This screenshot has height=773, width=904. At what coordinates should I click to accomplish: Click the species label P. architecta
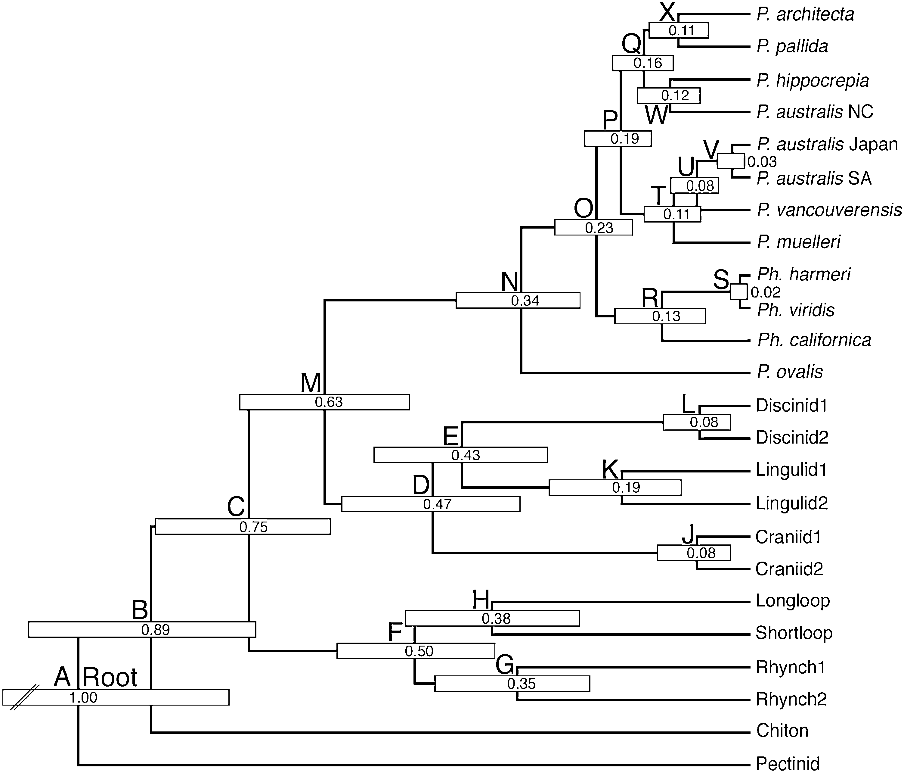805,14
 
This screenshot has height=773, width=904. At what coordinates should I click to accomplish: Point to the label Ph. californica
814,340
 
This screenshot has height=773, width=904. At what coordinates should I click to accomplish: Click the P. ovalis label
790,372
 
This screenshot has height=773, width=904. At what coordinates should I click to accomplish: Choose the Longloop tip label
793,600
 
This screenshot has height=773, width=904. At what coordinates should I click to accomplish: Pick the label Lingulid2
791,503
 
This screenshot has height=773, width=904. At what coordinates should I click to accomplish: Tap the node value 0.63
329,402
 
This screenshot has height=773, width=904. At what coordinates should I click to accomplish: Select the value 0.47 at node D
437,504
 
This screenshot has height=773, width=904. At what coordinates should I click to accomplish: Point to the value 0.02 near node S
766,292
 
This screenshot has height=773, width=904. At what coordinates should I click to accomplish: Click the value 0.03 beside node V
762,162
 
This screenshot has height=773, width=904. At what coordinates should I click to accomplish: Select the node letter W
656,115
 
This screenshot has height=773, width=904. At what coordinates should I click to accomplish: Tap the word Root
110,678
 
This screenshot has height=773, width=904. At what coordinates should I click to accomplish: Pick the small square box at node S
739,291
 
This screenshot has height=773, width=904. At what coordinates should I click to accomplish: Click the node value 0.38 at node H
496,619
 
